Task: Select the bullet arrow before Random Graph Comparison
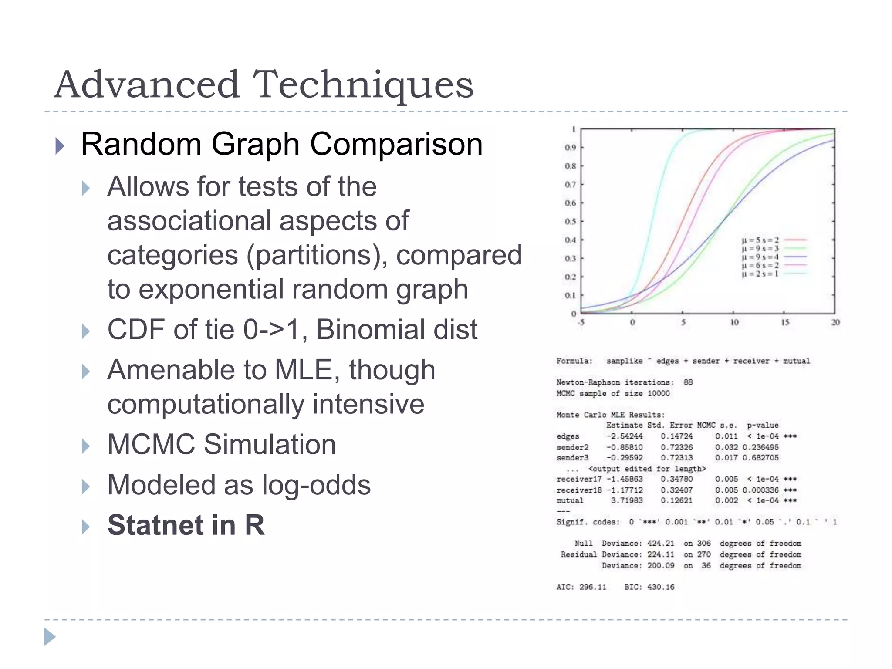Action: (x=60, y=146)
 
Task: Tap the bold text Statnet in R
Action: (x=186, y=525)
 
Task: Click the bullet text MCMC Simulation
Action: (x=221, y=445)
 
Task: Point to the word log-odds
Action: (x=315, y=485)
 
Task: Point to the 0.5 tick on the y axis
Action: (x=570, y=222)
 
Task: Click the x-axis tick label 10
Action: (x=734, y=323)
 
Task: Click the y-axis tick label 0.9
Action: (x=570, y=148)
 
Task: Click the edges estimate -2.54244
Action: (x=624, y=436)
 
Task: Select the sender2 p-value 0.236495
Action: (x=760, y=447)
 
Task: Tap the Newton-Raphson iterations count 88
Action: (x=688, y=382)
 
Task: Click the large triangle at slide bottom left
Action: (x=50, y=637)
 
